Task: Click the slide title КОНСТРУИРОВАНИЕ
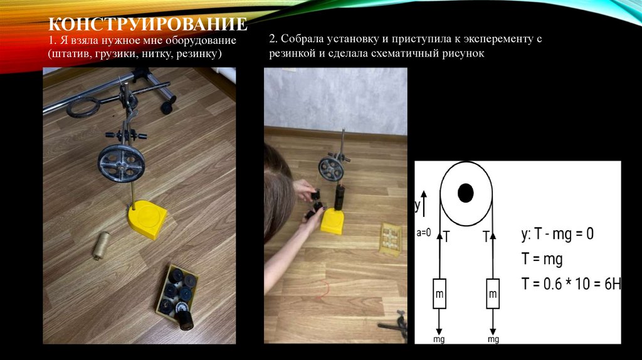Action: click(x=148, y=24)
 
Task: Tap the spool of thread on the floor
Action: click(x=100, y=245)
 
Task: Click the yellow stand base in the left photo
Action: click(x=147, y=219)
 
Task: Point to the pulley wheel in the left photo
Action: click(x=121, y=163)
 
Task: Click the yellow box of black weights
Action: click(x=177, y=295)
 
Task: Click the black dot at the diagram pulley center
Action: click(x=466, y=193)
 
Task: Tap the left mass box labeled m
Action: click(x=439, y=294)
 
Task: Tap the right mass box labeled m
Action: click(x=493, y=294)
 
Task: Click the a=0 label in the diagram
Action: click(x=424, y=233)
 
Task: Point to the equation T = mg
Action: click(x=542, y=259)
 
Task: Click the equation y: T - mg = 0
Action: click(x=557, y=234)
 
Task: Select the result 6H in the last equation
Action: click(x=613, y=284)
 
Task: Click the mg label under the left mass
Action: click(x=439, y=339)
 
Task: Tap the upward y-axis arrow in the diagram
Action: click(x=424, y=204)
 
